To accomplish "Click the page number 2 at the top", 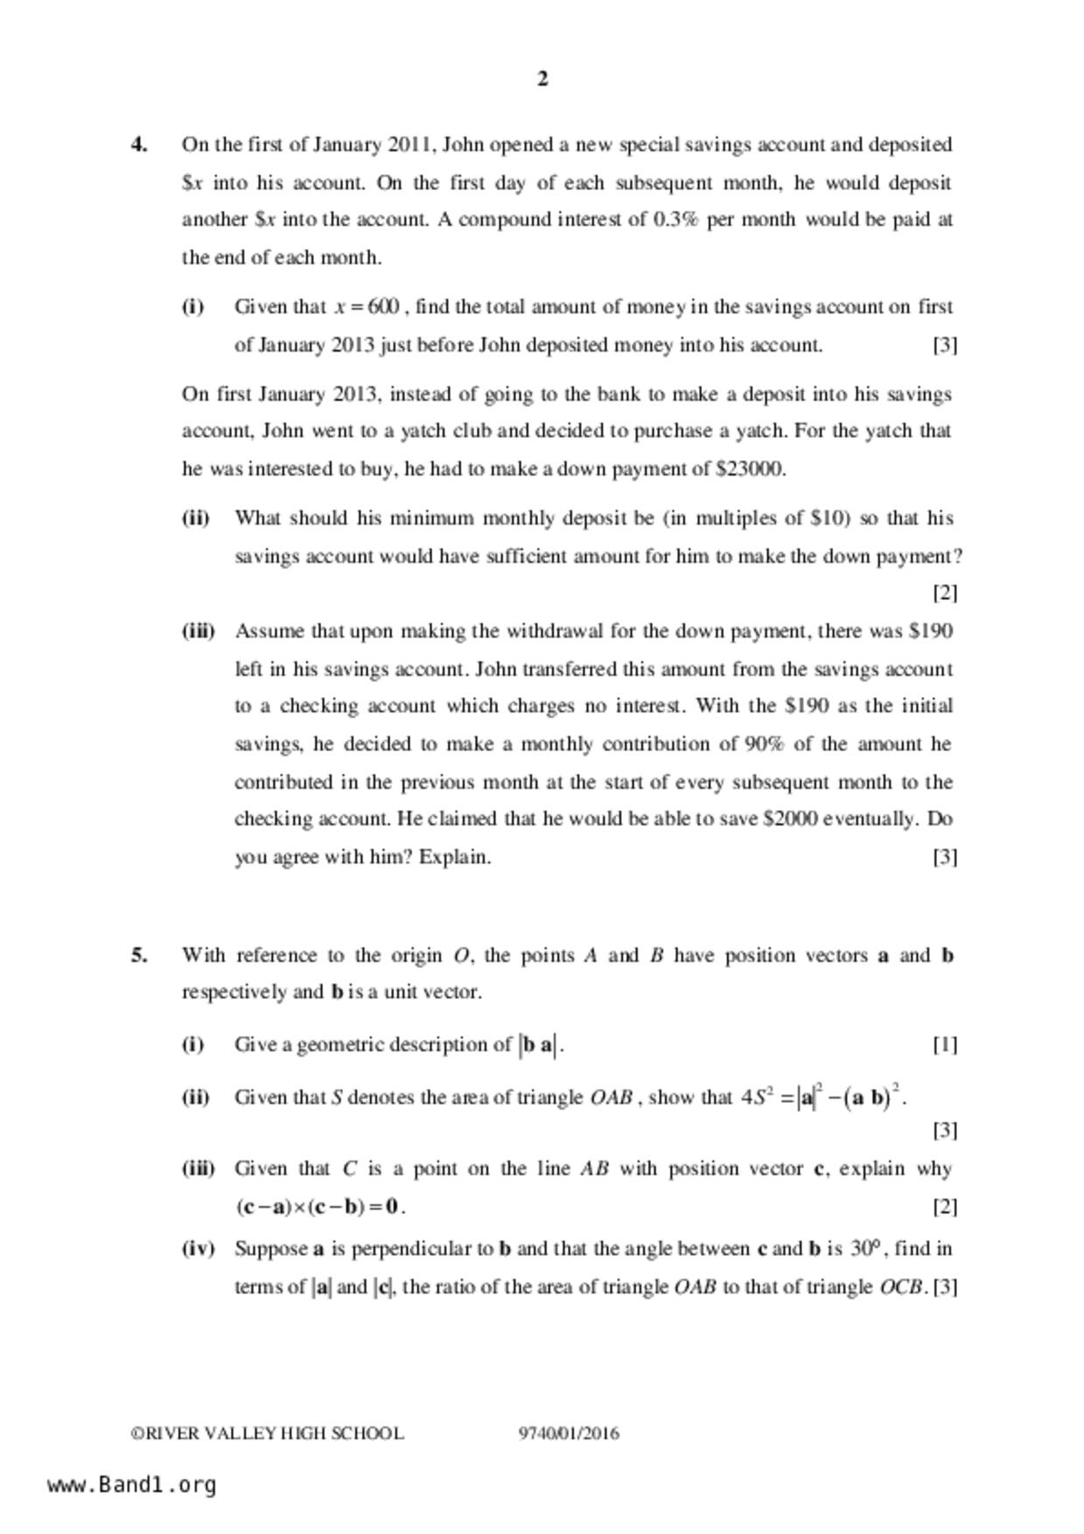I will (x=542, y=80).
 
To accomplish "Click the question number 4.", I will (x=138, y=144).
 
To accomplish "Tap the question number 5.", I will (x=138, y=955).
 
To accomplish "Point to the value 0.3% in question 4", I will (x=675, y=220).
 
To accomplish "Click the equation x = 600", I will (x=367, y=307).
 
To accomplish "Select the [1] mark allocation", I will (x=944, y=1044).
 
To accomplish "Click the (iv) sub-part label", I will (x=198, y=1248).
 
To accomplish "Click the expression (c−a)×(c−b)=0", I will (x=319, y=1207).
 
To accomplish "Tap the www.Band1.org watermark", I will (x=132, y=1485).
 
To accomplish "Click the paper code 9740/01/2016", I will (x=569, y=1433).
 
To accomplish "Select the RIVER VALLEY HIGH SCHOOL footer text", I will (x=268, y=1433).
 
